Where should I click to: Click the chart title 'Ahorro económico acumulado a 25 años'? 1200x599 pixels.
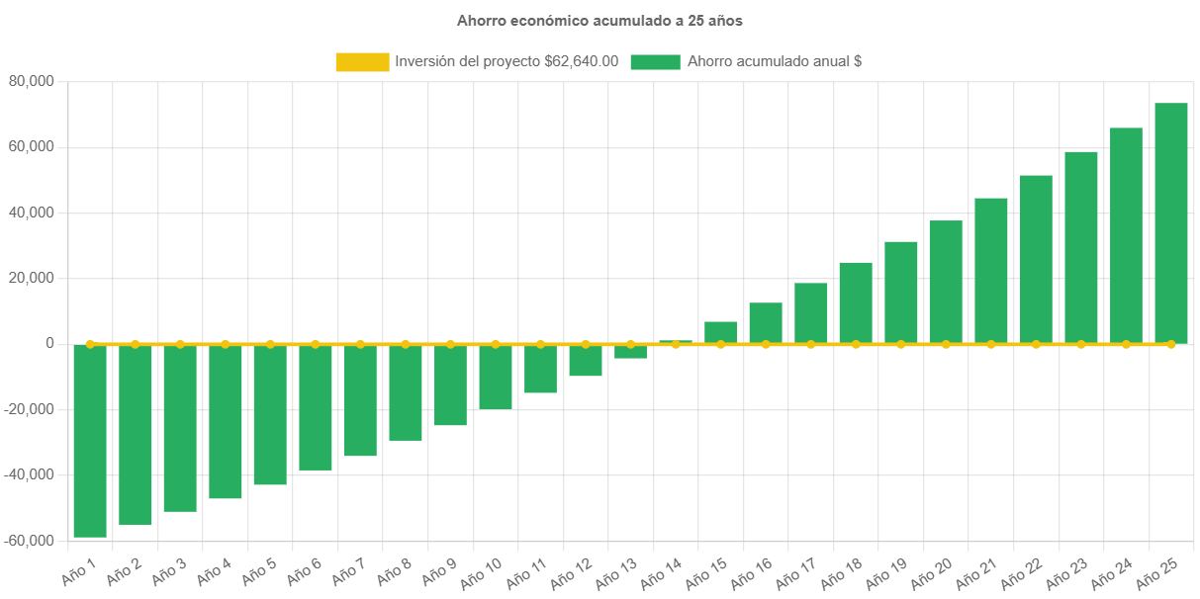[600, 20]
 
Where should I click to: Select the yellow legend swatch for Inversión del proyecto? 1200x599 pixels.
[362, 62]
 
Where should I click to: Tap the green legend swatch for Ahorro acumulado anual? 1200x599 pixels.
[655, 62]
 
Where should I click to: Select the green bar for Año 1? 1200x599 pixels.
[90, 441]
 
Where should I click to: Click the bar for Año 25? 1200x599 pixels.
[1171, 222]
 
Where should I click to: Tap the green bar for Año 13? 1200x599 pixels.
[630, 352]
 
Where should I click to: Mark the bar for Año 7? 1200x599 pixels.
[360, 400]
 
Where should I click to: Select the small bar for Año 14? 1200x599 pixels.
[676, 341]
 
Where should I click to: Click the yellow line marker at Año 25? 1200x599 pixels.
[1171, 344]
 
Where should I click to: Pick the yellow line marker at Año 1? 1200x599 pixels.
[90, 344]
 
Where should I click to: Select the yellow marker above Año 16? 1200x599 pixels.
[766, 344]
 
